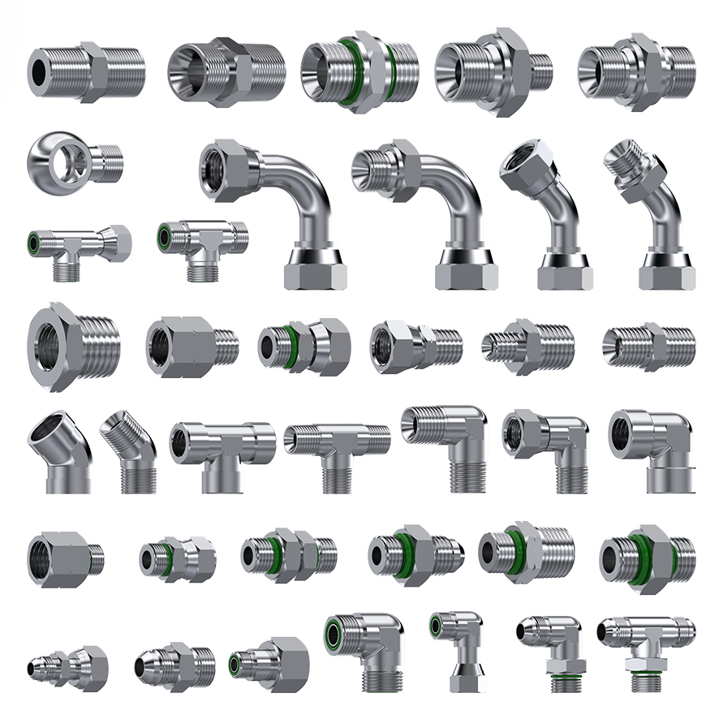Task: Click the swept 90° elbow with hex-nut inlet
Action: pyautogui.click(x=272, y=203)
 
